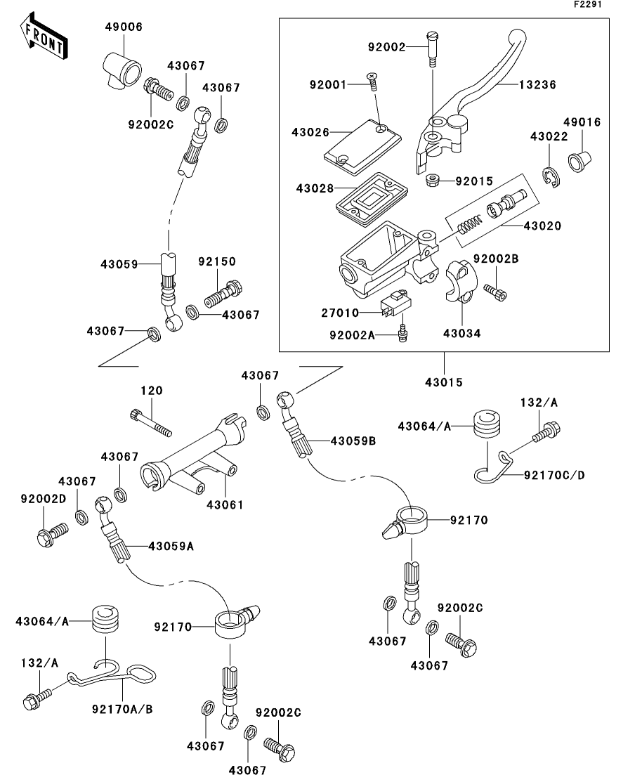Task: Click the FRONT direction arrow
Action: click(43, 39)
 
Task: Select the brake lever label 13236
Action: click(537, 85)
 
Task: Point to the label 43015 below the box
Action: click(444, 382)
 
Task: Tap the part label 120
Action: click(151, 391)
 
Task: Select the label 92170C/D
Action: click(553, 476)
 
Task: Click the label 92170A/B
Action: click(122, 709)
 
